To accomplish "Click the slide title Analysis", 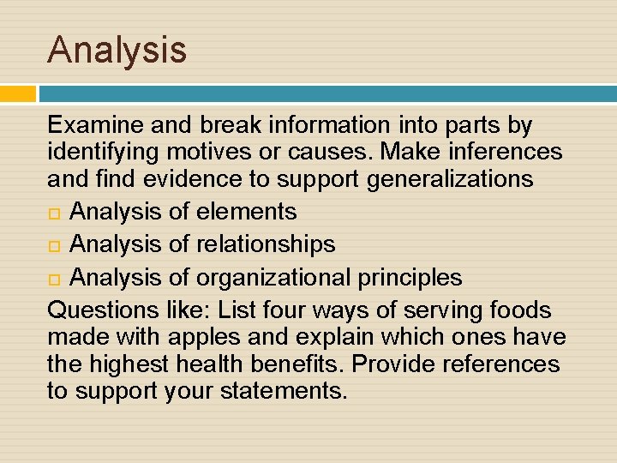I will pos(117,49).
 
